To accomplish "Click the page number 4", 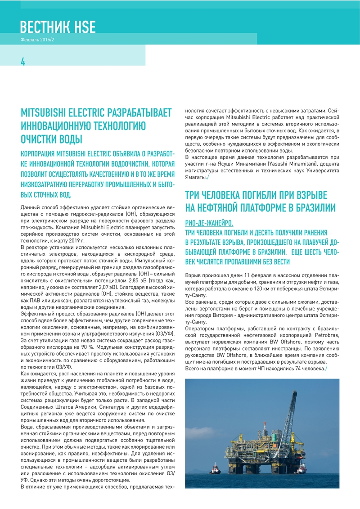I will pos(23,62).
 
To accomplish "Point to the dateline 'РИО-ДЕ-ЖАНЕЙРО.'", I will pos(209,224).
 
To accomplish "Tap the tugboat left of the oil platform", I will pos(215,470).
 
